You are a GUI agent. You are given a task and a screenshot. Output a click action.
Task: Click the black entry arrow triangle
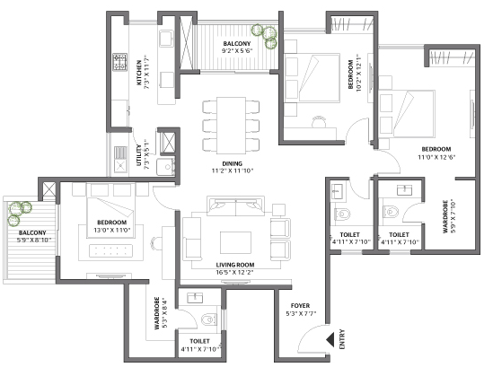coord(330,339)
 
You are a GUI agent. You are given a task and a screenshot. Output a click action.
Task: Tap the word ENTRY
coord(342,339)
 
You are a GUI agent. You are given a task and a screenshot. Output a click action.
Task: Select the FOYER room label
coord(300,306)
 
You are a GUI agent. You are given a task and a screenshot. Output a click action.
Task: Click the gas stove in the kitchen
coord(120,62)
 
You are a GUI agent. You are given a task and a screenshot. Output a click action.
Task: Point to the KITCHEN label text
coord(138,73)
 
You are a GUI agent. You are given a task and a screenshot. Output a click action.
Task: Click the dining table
coord(231,126)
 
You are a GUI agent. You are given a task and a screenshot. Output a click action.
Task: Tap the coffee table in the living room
coord(235,242)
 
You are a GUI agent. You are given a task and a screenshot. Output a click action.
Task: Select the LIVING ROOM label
coord(235,265)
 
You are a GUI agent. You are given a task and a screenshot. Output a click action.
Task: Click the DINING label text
coord(233,163)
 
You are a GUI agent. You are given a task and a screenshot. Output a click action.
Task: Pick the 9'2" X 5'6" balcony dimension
coord(237,51)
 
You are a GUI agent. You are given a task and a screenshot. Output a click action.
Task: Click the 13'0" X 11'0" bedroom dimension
coord(112,231)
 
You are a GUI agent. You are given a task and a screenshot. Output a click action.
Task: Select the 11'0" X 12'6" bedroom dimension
coord(436,157)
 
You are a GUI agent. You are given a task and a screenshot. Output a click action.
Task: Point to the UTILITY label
coord(138,155)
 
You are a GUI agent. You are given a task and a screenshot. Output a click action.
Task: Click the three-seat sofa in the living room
coord(235,206)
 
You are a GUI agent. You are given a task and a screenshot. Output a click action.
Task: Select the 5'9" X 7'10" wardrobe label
coord(449,216)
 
